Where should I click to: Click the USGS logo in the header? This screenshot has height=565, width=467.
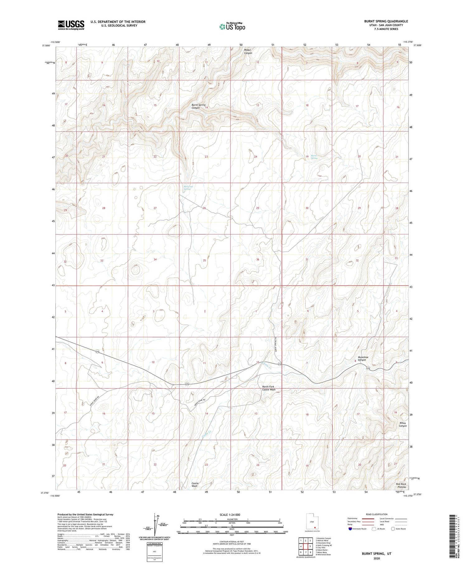(x=71, y=25)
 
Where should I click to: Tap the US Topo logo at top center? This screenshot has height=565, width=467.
(x=232, y=27)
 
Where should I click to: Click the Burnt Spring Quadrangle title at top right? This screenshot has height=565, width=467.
(x=386, y=22)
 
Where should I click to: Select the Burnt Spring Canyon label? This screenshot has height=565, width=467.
(x=198, y=106)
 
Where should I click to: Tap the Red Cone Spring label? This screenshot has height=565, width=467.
(x=188, y=188)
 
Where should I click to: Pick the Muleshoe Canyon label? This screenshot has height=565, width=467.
(x=361, y=358)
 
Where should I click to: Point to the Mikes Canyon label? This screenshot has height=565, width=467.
(x=403, y=424)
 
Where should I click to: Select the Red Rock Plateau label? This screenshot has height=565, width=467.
(x=401, y=485)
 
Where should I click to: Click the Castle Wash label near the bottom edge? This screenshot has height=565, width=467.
(x=195, y=485)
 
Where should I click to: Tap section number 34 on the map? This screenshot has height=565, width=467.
(x=155, y=259)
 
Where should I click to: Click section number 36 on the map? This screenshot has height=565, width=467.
(x=257, y=259)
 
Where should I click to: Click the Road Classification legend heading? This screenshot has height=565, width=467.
(x=376, y=514)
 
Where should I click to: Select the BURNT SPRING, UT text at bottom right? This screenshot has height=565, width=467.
(x=376, y=554)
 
